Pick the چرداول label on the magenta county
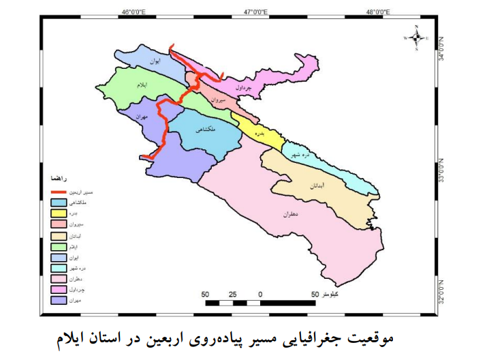click(243, 87)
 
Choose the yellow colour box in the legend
click(58, 213)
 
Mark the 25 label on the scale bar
click(232, 295)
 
